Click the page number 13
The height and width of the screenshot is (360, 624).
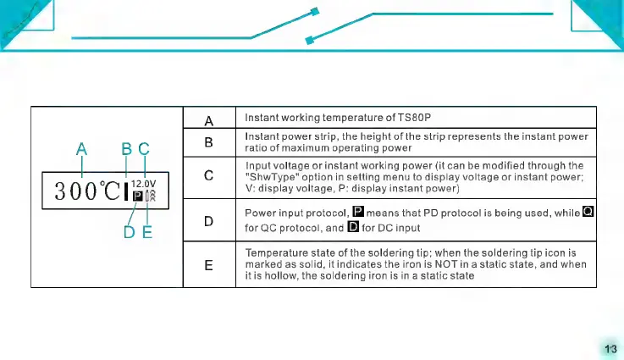610,348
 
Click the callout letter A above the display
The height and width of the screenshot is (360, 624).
81,150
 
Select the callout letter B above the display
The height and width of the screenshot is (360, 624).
126,150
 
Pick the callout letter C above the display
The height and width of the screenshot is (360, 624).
143,150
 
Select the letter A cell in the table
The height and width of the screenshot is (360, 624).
208,119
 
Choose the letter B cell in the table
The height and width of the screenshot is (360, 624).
208,141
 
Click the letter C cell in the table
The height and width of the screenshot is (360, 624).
208,176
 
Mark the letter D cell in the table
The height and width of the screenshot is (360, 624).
208,221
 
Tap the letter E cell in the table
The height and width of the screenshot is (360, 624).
208,265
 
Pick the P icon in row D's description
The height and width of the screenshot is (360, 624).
357,212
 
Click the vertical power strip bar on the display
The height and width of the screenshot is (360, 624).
126,191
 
